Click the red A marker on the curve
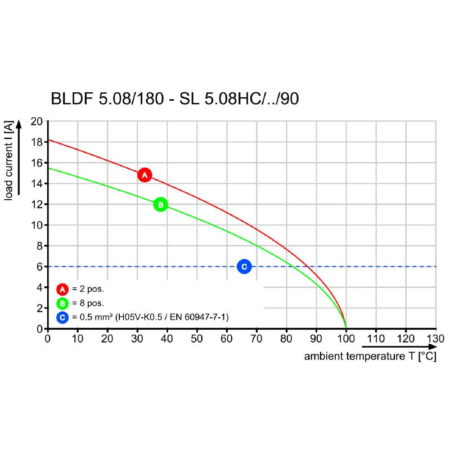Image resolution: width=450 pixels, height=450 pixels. [x=145, y=175]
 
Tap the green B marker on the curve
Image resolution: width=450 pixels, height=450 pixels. [x=160, y=204]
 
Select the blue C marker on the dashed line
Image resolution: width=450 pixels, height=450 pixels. [x=244, y=267]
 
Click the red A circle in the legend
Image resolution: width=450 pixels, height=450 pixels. [x=62, y=289]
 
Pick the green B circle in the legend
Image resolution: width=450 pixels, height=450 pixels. [x=62, y=304]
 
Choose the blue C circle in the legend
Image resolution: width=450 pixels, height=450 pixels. [x=62, y=318]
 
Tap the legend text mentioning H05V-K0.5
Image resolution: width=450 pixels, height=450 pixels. [x=150, y=318]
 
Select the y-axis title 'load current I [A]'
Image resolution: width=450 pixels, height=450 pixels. [x=9, y=161]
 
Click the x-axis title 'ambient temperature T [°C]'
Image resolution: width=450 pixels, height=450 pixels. [x=370, y=357]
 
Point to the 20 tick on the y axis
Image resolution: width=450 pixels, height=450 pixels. [x=37, y=121]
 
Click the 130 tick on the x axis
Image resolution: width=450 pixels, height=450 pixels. [x=435, y=339]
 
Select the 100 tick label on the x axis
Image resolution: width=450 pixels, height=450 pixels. [x=346, y=339]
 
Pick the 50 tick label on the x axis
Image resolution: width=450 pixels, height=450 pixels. [x=197, y=339]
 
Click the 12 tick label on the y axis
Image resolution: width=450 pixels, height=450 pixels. [x=37, y=204]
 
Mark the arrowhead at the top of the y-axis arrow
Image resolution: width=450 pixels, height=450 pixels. [x=19, y=123]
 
